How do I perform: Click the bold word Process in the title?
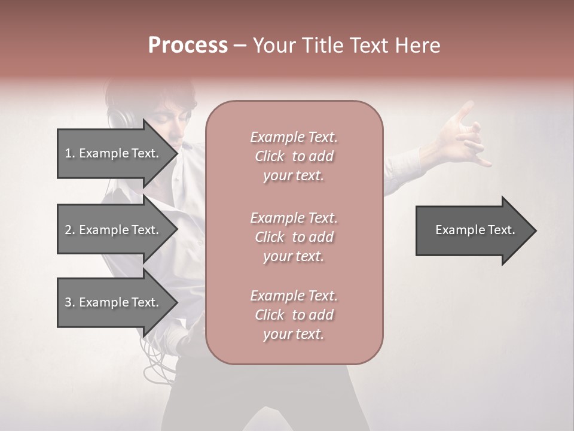pyautogui.click(x=188, y=45)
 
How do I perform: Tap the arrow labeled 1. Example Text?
pyautogui.click(x=114, y=153)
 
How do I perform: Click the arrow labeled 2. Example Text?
pyautogui.click(x=114, y=230)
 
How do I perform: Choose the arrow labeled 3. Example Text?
pyautogui.click(x=114, y=302)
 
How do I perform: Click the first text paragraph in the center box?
pyautogui.click(x=294, y=156)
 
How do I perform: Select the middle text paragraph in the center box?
pyautogui.click(x=294, y=237)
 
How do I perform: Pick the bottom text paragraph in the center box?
pyautogui.click(x=294, y=315)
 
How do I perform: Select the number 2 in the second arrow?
pyautogui.click(x=68, y=230)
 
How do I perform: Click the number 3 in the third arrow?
pyautogui.click(x=68, y=302)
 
